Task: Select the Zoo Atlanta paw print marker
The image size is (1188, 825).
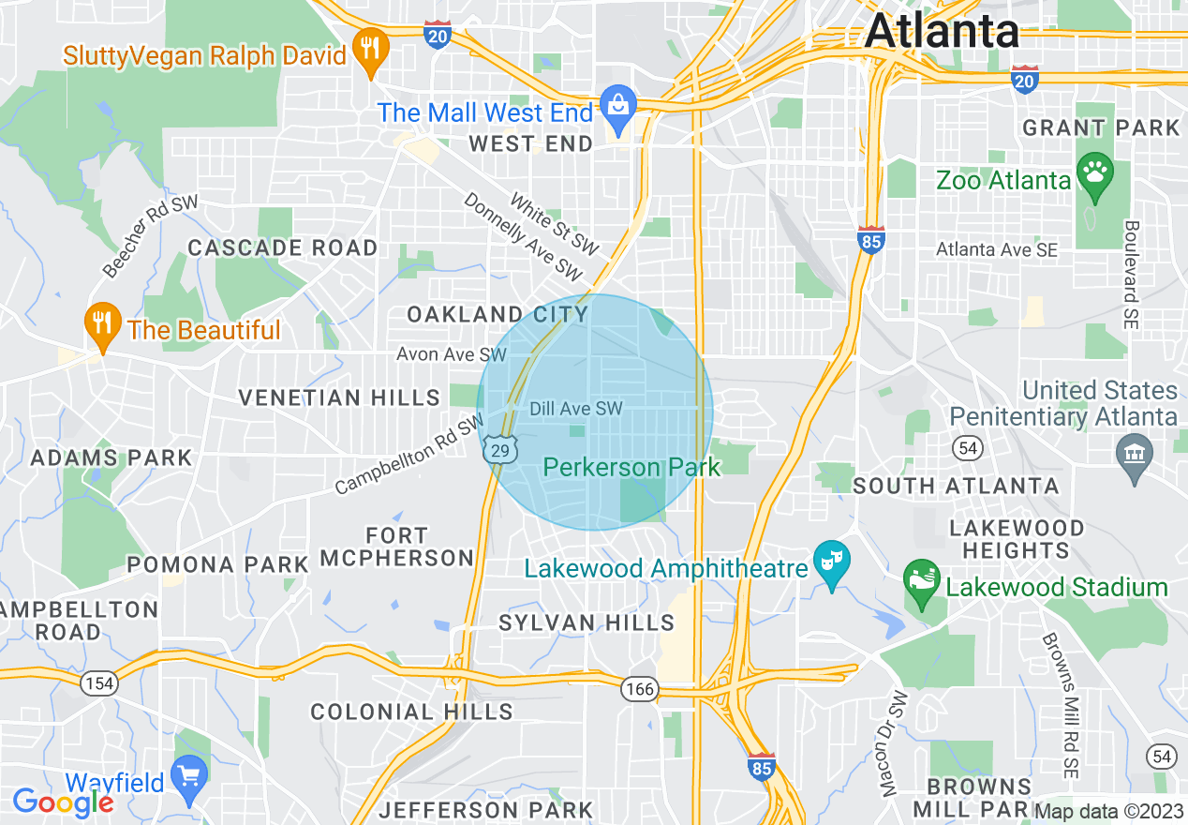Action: tap(1094, 173)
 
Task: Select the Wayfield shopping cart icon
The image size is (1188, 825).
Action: tap(191, 778)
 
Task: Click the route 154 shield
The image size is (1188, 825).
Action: tap(98, 683)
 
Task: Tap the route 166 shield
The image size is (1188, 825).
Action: tap(640, 690)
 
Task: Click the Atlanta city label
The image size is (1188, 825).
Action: tap(942, 31)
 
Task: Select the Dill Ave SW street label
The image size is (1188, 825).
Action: tap(576, 409)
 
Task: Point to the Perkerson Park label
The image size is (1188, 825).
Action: tap(632, 467)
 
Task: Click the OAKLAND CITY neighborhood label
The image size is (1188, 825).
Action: tap(497, 314)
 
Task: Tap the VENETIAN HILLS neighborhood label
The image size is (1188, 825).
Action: tap(339, 397)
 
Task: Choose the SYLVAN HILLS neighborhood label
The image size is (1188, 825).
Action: tap(587, 622)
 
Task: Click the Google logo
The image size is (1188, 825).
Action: tap(62, 802)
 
